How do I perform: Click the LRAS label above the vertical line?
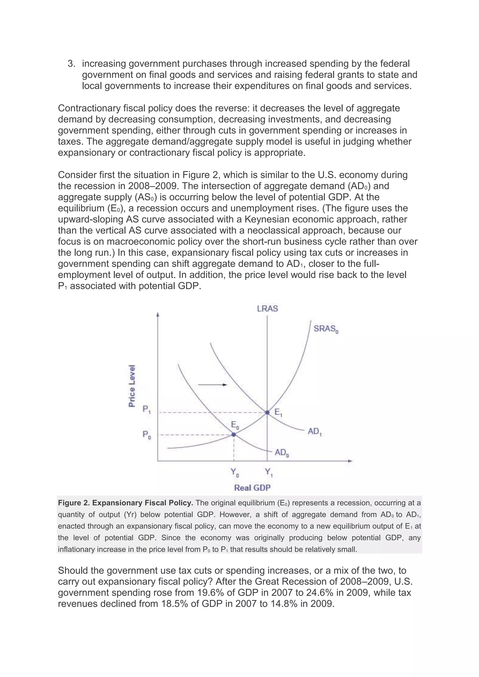pyautogui.click(x=267, y=309)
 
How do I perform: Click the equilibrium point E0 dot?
pyautogui.click(x=234, y=434)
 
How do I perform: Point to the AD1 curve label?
pyautogui.click(x=314, y=432)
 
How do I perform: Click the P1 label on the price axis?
pyautogui.click(x=146, y=410)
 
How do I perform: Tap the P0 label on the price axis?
pyautogui.click(x=146, y=435)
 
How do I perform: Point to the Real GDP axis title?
pyautogui.click(x=252, y=488)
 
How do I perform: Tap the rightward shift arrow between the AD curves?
pyautogui.click(x=212, y=385)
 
